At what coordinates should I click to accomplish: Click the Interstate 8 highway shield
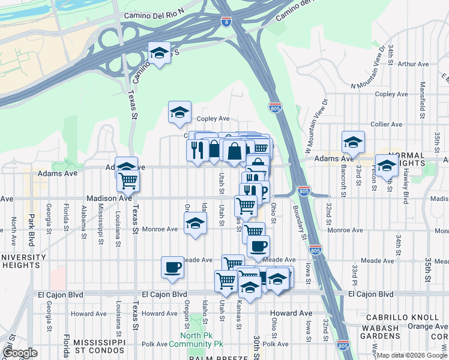[226, 22]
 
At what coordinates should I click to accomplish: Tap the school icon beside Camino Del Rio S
[159, 53]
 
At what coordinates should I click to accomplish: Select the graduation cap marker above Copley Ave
[179, 112]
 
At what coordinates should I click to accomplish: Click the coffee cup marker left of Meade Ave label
[172, 267]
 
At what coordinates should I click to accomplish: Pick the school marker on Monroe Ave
[194, 224]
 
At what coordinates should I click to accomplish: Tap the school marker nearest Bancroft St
[354, 143]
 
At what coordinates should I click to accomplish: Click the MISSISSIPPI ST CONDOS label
[98, 346]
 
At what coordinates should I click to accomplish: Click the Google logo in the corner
[20, 353]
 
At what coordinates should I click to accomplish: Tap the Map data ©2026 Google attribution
[412, 355]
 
